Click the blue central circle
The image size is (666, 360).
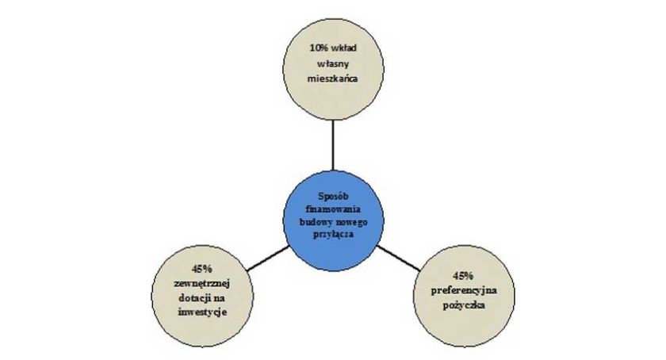click(334, 221)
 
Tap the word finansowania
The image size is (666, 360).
click(334, 209)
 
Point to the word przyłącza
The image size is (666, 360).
click(334, 235)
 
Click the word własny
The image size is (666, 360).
click(334, 63)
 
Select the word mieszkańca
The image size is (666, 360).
click(334, 79)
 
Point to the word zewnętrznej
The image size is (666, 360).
click(202, 284)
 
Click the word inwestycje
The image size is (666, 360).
click(202, 312)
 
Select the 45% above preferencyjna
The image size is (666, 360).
click(463, 276)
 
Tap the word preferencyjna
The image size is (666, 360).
click(463, 291)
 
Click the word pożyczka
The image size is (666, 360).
click(463, 305)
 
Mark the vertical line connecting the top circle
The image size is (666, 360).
click(333, 145)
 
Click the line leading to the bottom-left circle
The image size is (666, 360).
click(269, 258)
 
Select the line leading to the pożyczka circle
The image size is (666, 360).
click(398, 258)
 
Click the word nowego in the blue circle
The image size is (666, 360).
click(352, 222)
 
